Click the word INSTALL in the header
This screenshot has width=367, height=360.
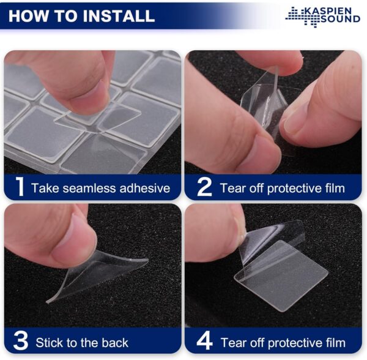tap(119, 16)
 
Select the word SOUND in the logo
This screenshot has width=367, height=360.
tap(340, 19)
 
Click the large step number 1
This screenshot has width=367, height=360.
tap(20, 186)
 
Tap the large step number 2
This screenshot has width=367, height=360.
tap(204, 187)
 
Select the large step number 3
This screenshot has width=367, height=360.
tap(21, 341)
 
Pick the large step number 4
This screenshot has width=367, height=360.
tap(204, 341)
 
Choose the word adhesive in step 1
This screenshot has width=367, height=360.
tap(144, 189)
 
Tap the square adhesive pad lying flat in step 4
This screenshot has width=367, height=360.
tap(281, 276)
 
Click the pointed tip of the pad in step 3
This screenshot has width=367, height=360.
tap(48, 302)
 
